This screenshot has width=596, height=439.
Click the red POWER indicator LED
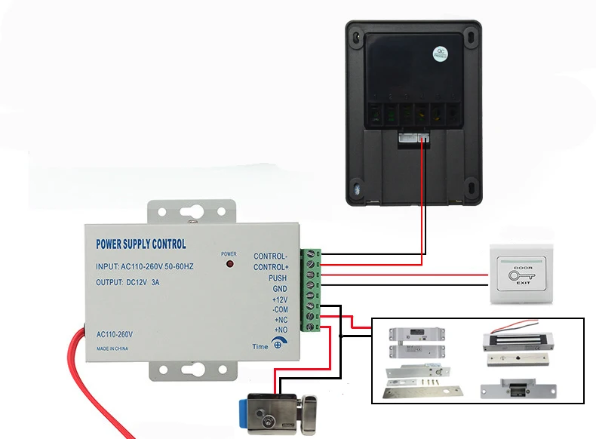point(229,266)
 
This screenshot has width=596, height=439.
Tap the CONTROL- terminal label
point(270,256)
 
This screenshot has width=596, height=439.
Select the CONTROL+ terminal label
point(270,267)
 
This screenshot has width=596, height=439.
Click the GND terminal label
point(279,289)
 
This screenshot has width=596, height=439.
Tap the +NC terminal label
point(280,320)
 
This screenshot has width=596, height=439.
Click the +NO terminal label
point(280,330)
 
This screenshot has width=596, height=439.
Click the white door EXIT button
point(522,275)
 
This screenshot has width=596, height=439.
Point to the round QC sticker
point(439,54)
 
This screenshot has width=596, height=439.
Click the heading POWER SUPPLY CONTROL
point(141,244)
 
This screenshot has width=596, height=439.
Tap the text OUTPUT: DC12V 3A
point(128,282)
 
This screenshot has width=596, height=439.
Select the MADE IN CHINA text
point(112,348)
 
